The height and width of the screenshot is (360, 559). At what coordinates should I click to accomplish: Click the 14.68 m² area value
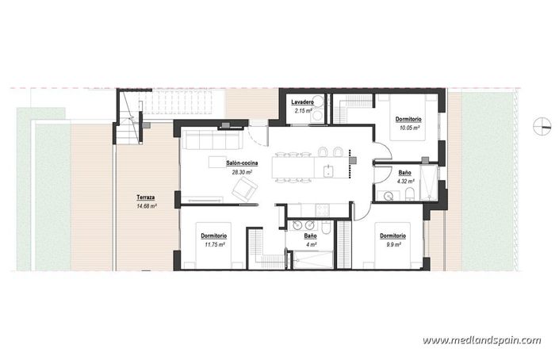[146, 206]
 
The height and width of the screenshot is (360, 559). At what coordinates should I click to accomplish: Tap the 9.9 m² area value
[393, 245]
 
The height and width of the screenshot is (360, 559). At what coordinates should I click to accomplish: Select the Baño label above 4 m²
[311, 236]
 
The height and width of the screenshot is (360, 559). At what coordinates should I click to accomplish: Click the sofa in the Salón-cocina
[212, 140]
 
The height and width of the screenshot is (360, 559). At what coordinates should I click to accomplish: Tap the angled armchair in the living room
[244, 189]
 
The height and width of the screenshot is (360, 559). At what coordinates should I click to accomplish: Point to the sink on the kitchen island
[327, 168]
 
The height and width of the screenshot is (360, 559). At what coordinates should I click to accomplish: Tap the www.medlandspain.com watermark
[481, 340]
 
